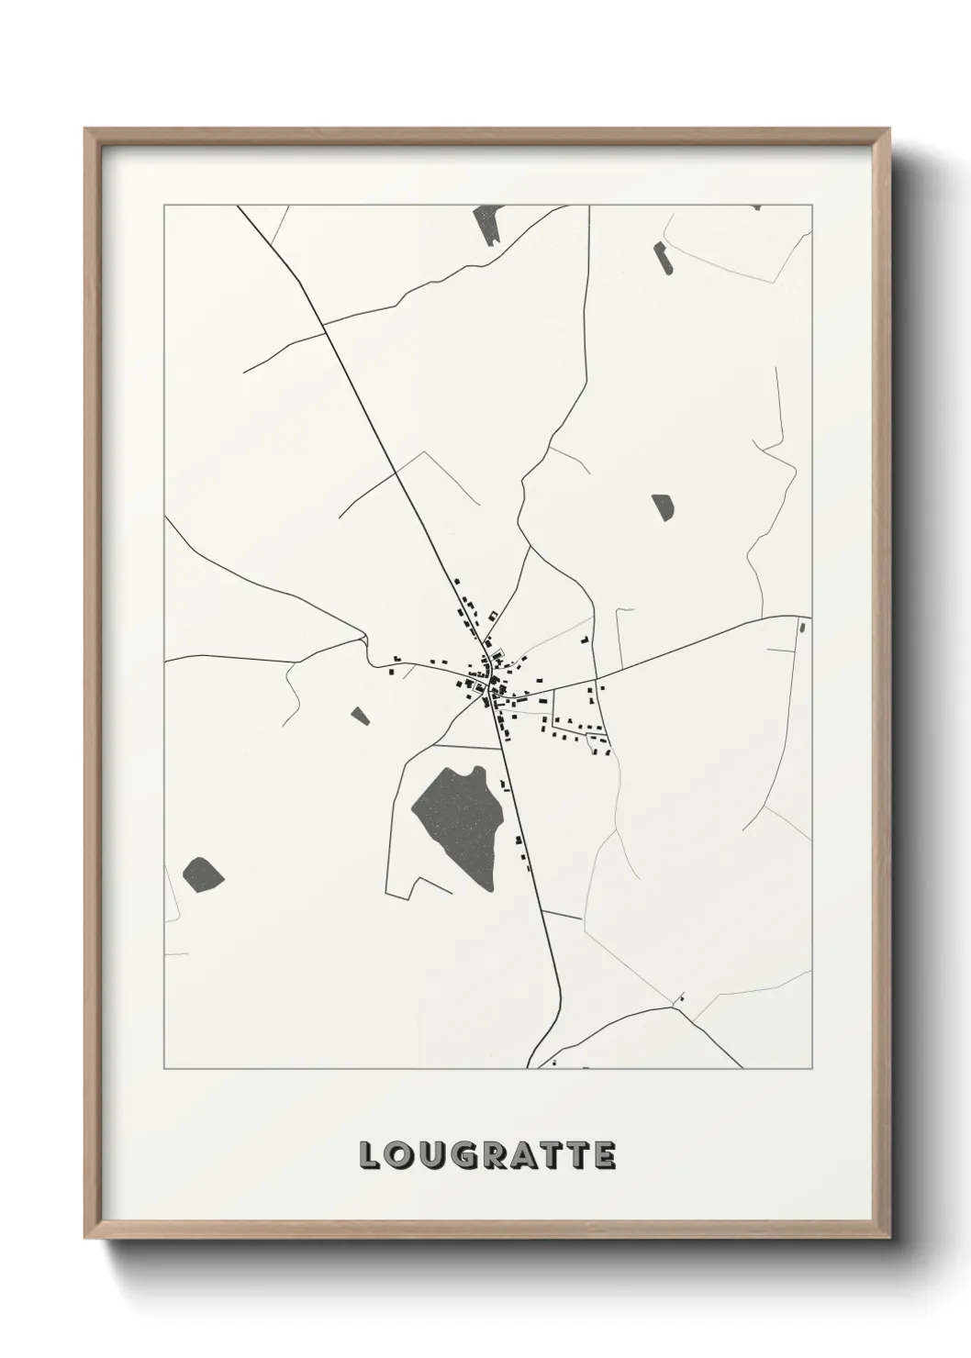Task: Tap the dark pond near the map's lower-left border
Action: [203, 873]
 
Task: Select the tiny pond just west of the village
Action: [360, 714]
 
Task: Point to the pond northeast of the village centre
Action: [663, 506]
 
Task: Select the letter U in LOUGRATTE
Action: [432, 1155]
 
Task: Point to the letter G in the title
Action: [466, 1155]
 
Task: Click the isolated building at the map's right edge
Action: [801, 628]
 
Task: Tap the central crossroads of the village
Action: [493, 686]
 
